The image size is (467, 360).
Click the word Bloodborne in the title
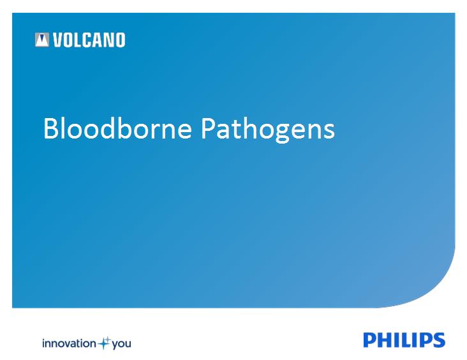117,128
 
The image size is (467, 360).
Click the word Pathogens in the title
268,130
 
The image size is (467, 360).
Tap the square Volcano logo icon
42,40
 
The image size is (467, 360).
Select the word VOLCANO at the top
89,40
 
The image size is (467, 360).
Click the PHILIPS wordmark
404,340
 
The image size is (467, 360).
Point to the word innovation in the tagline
69,343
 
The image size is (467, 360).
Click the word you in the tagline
121,345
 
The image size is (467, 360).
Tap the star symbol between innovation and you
104,343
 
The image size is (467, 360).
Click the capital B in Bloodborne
51,128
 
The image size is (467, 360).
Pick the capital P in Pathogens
208,128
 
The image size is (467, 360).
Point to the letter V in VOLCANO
58,40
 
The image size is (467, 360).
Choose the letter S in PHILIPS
438,340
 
